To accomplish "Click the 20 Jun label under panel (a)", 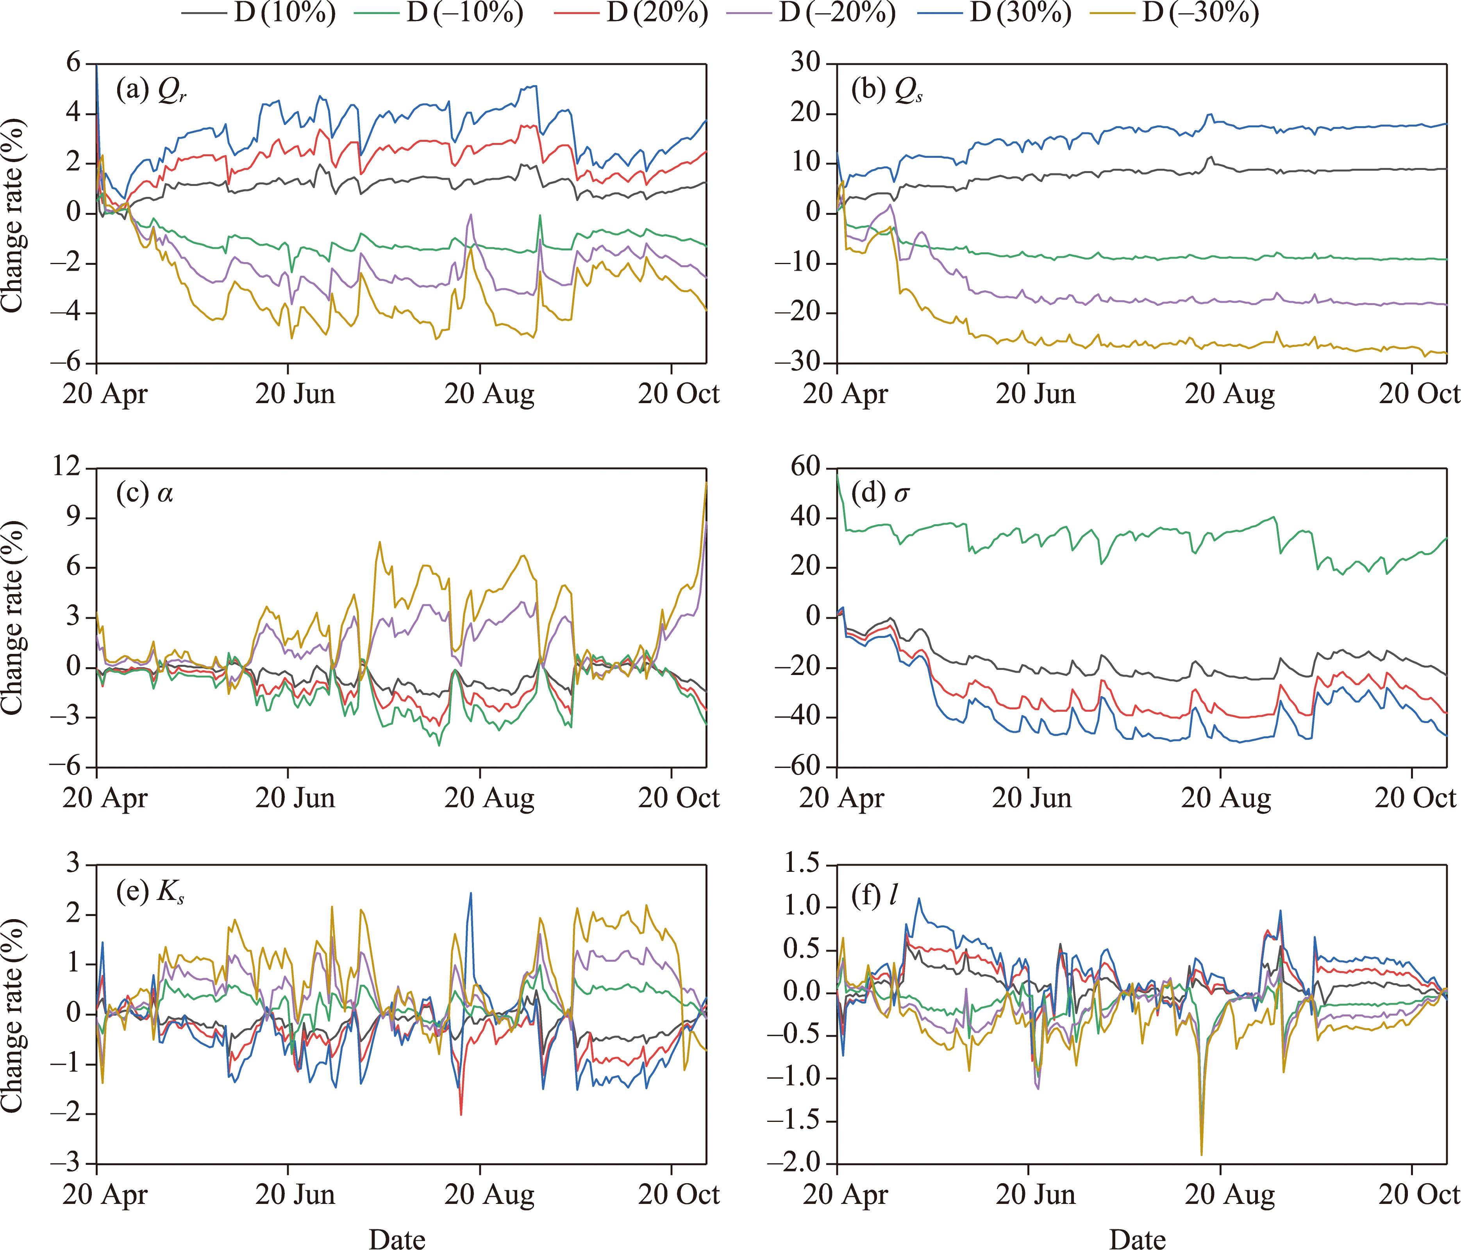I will (x=295, y=393).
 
